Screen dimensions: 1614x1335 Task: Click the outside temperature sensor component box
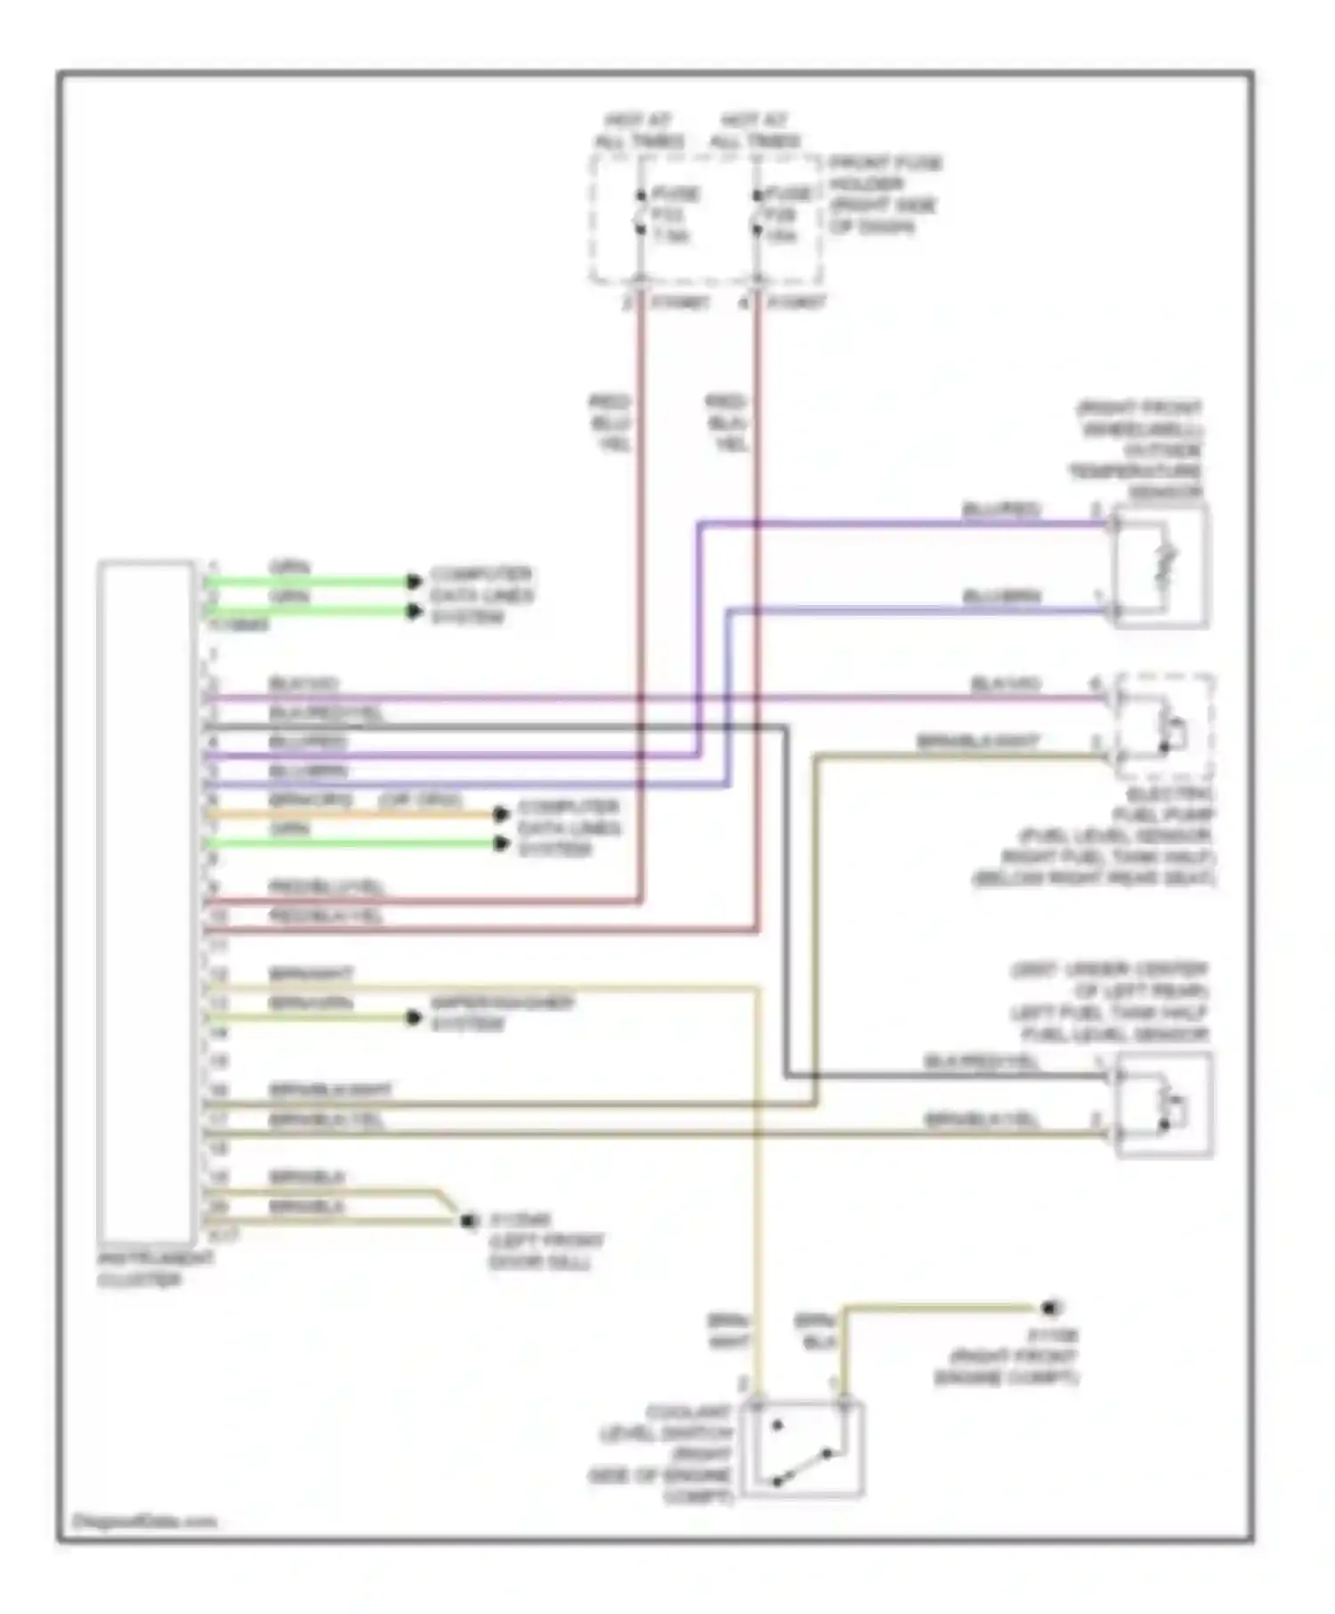click(1161, 566)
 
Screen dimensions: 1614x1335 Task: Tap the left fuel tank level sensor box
click(1164, 1104)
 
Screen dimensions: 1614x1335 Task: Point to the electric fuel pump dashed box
click(1165, 726)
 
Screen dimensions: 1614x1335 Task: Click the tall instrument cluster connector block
click(146, 902)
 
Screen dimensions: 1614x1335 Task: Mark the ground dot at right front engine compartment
click(1051, 1308)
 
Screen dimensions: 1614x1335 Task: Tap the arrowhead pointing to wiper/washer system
click(414, 1017)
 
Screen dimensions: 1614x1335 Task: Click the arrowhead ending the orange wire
click(501, 813)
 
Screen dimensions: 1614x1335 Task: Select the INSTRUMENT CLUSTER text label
click(155, 1269)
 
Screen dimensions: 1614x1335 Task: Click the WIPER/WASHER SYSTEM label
click(502, 1013)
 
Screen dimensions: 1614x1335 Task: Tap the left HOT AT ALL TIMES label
click(639, 131)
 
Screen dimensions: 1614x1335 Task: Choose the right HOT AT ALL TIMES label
click(755, 131)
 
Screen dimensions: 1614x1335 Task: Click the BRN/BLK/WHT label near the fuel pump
click(977, 741)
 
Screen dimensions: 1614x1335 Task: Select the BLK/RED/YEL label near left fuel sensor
click(981, 1061)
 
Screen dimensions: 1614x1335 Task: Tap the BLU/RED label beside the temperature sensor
click(1001, 509)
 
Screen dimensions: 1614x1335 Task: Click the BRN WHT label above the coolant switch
click(729, 1331)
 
